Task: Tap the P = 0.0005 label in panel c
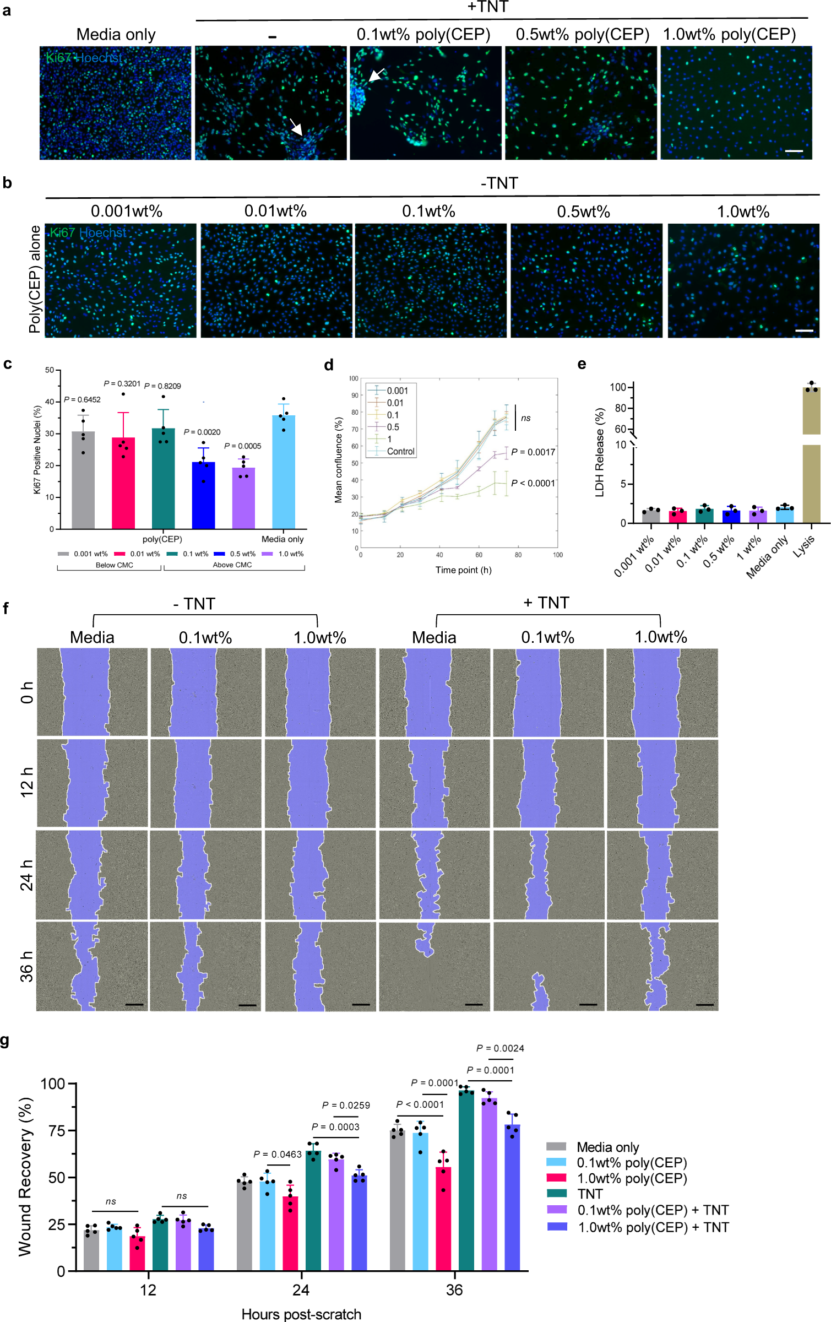[x=242, y=446]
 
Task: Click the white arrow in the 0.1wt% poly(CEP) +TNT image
[x=377, y=75]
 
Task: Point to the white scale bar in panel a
[x=794, y=150]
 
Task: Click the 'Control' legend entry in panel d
[x=400, y=451]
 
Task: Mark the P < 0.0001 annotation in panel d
[x=533, y=483]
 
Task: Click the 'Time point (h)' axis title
[x=463, y=570]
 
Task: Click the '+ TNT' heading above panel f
[x=546, y=603]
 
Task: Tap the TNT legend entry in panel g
[x=590, y=1194]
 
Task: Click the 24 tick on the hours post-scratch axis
[x=301, y=1290]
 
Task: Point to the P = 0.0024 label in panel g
[x=500, y=1048]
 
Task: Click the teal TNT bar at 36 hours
[x=466, y=1179]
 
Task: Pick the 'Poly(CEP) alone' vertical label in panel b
[x=35, y=279]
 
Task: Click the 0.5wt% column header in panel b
[x=583, y=212]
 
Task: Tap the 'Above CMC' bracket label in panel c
[x=232, y=565]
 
